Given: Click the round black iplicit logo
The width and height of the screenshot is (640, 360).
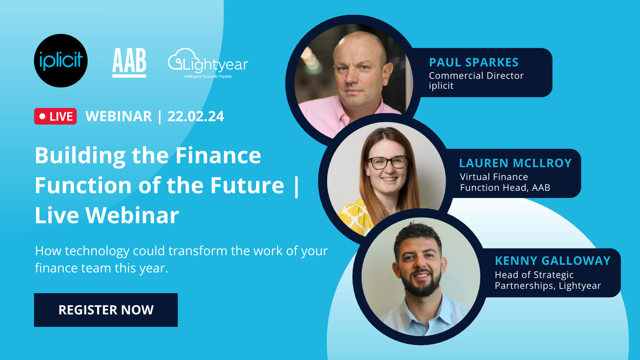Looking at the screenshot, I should (61, 61).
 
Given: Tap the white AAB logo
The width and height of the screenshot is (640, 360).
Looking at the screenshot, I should (129, 62).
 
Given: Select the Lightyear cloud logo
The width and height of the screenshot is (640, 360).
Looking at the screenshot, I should (208, 63).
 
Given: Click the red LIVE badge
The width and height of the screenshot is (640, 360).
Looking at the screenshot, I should (56, 116).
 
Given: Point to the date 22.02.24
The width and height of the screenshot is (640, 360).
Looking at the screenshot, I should (196, 116).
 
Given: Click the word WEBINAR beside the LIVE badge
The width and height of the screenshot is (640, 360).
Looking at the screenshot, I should (118, 116).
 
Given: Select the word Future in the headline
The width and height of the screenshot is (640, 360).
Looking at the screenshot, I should (247, 185).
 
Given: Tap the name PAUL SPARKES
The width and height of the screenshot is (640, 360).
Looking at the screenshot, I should (474, 62).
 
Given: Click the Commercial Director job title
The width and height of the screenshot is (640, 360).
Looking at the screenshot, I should (476, 76).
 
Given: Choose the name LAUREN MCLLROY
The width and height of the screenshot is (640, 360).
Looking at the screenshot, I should (515, 163).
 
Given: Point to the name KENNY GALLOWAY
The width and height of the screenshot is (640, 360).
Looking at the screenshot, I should (552, 261).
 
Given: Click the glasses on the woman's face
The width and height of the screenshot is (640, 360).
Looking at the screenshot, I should (387, 162).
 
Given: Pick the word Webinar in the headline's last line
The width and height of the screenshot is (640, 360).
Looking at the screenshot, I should (132, 215).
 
